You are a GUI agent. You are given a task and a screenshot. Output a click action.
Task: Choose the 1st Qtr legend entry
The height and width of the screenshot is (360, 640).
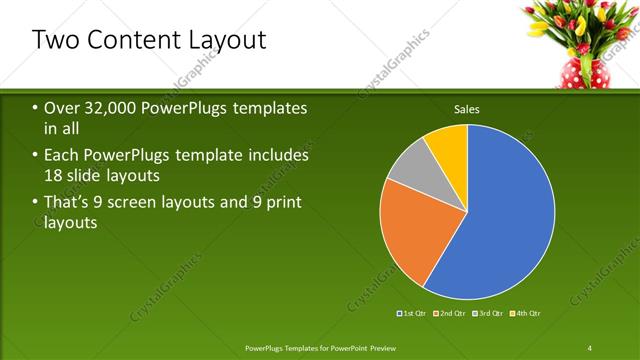tap(413, 314)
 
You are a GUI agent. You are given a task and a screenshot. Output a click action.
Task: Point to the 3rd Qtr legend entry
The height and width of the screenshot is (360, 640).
tap(489, 314)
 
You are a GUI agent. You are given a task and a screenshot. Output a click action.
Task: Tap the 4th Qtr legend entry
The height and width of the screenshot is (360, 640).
tap(526, 314)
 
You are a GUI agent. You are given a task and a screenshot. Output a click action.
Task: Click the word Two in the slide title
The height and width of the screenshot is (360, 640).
tap(57, 40)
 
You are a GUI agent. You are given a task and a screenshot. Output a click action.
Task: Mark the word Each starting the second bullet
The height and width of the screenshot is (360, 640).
tap(63, 156)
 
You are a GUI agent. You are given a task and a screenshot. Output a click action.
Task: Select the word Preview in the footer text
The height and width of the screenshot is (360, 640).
tap(393, 346)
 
